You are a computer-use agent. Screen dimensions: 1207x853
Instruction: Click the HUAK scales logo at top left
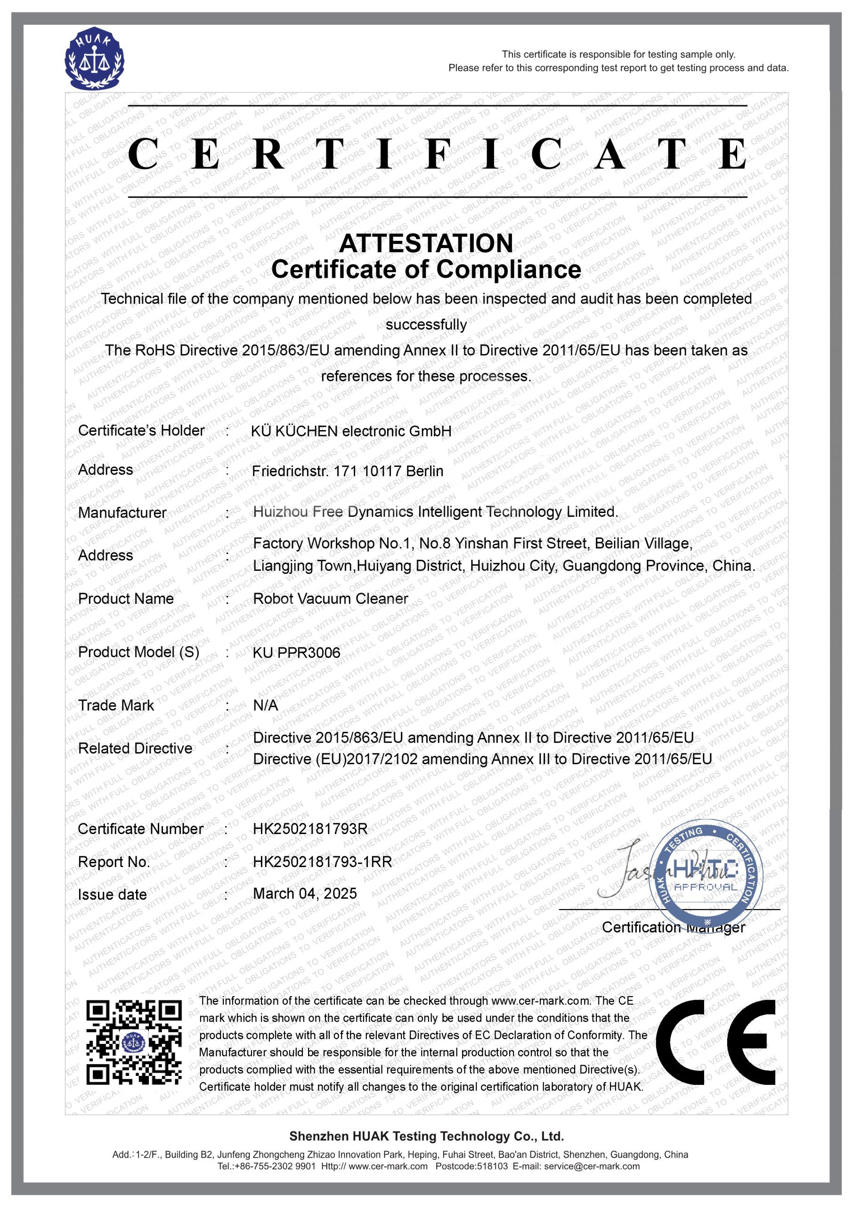95,58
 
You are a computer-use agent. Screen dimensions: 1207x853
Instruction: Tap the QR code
133,1042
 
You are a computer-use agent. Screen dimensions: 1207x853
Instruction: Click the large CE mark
715,1042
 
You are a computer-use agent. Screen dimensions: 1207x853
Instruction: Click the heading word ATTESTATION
426,243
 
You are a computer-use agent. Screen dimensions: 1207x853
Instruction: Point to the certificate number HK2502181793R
310,829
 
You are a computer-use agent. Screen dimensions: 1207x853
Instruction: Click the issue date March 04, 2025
305,893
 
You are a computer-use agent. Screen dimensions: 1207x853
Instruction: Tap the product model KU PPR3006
297,653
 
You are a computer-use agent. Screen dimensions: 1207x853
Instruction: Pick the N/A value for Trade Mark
265,705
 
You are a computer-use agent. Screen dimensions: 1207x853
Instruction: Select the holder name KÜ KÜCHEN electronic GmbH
351,431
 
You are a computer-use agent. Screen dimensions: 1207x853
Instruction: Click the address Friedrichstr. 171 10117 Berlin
347,471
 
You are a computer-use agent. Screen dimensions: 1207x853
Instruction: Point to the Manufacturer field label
122,513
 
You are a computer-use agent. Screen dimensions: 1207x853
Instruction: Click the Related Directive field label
135,748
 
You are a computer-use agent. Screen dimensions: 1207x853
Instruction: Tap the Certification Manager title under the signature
674,927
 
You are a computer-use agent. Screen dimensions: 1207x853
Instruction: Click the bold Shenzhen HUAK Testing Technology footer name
427,1136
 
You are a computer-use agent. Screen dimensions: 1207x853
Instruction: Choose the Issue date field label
112,894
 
